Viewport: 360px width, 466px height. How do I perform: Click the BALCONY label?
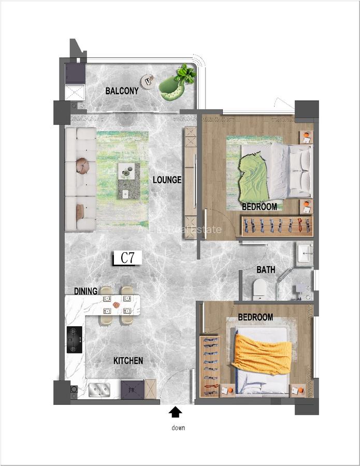point(122,91)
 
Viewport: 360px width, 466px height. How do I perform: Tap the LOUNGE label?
point(167,180)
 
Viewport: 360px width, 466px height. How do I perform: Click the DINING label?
point(86,292)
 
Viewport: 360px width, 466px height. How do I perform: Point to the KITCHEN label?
point(128,360)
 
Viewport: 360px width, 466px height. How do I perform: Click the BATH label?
point(265,270)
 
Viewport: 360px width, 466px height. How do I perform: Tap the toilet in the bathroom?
point(259,289)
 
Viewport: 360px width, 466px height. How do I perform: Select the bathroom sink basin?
point(305,254)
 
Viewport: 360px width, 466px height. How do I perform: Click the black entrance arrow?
point(176,412)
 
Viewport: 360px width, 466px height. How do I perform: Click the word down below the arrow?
point(178,428)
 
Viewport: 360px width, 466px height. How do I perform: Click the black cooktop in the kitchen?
point(75,340)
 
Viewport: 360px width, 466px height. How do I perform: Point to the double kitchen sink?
point(100,388)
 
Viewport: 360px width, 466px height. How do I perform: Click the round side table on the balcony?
point(148,81)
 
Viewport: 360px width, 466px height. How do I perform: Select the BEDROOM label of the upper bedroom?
point(259,207)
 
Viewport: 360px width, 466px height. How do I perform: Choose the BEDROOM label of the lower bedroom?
point(255,317)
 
